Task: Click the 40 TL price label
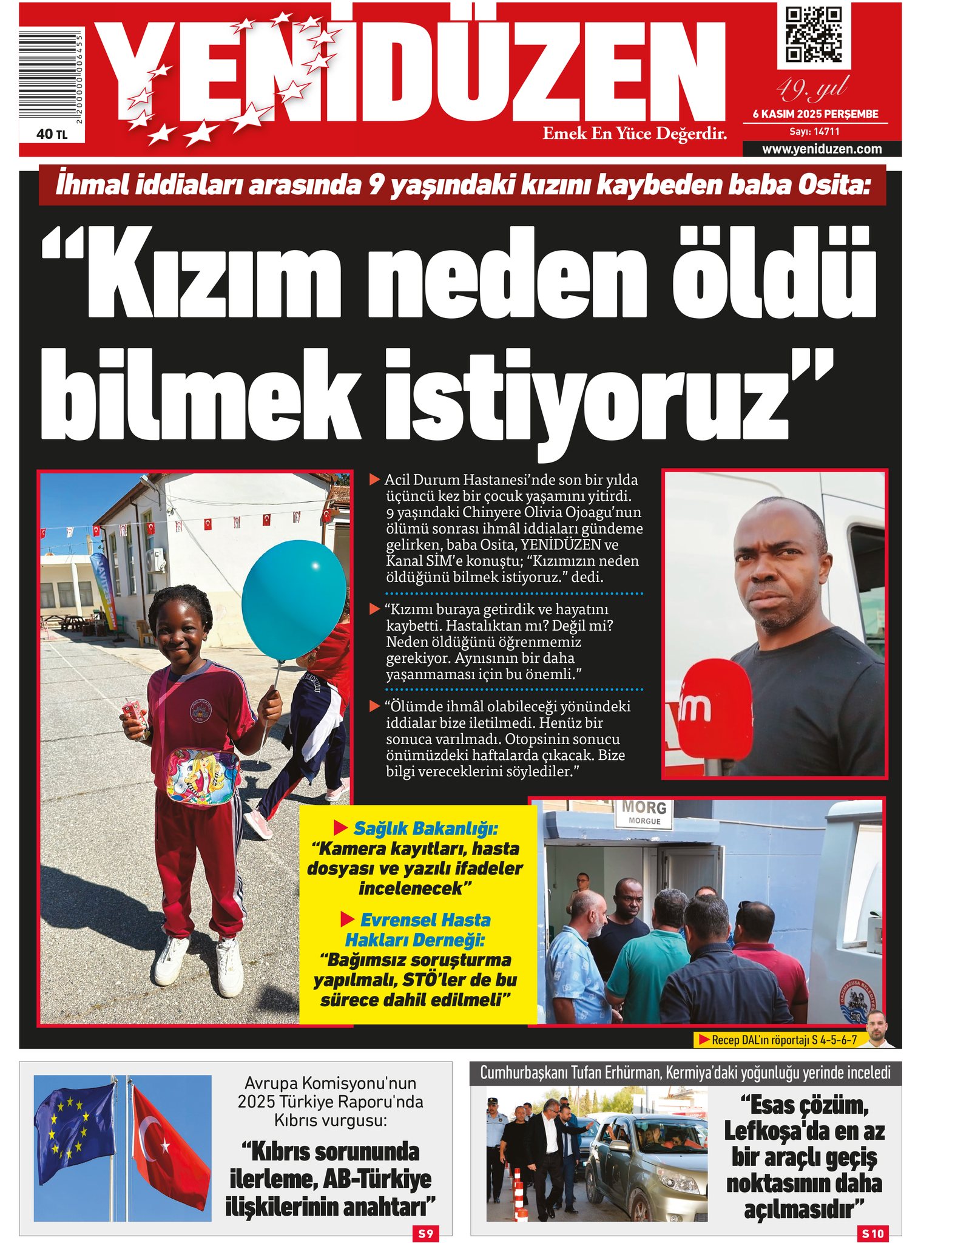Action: tap(52, 134)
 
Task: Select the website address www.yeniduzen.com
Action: tap(822, 149)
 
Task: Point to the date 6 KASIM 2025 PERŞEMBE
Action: tap(815, 114)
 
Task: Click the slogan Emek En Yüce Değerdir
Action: tap(634, 134)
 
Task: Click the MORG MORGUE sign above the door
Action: tap(644, 813)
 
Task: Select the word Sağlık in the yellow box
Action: tap(380, 828)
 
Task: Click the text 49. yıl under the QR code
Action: tap(812, 90)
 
